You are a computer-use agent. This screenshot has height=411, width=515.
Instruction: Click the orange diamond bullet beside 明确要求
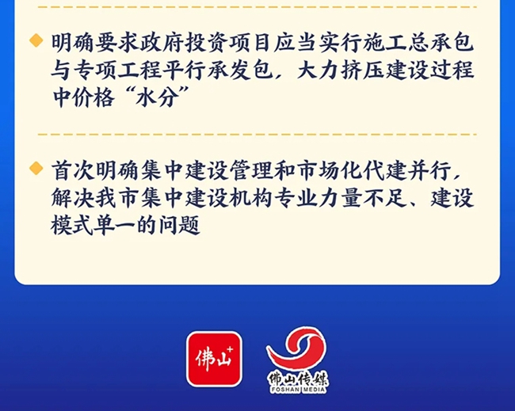pyautogui.click(x=36, y=40)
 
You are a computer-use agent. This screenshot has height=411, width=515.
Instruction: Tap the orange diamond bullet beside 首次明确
pyautogui.click(x=36, y=168)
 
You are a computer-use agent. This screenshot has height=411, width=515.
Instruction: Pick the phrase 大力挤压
pyautogui.click(x=340, y=70)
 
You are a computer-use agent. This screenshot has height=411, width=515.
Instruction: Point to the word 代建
pyautogui.click(x=384, y=171)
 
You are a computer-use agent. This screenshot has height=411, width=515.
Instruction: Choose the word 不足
pyautogui.click(x=385, y=198)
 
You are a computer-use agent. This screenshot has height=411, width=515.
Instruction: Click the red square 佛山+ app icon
pyautogui.click(x=214, y=359)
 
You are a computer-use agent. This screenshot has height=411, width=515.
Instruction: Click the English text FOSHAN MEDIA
pyautogui.click(x=298, y=390)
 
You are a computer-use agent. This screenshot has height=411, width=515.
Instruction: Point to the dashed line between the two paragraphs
pyautogui.click(x=257, y=135)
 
